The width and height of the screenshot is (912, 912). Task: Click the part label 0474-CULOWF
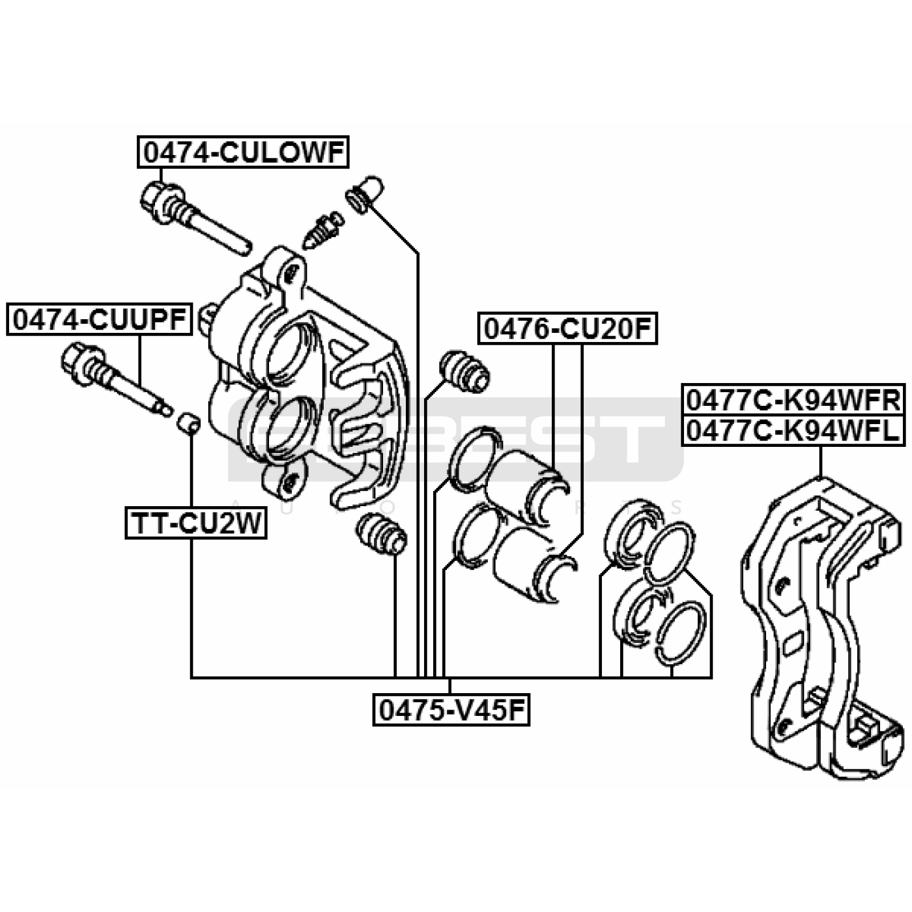pos(242,152)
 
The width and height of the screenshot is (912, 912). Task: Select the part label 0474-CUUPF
pos(99,320)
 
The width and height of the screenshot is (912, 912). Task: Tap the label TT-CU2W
pos(196,523)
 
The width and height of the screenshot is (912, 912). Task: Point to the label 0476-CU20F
pos(568,328)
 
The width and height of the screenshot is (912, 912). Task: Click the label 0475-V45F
pos(451,710)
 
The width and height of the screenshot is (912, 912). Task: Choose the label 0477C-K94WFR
pos(793,400)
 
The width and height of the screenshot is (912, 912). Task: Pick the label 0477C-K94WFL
pos(793,430)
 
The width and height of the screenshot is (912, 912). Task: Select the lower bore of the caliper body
pos(280,430)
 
